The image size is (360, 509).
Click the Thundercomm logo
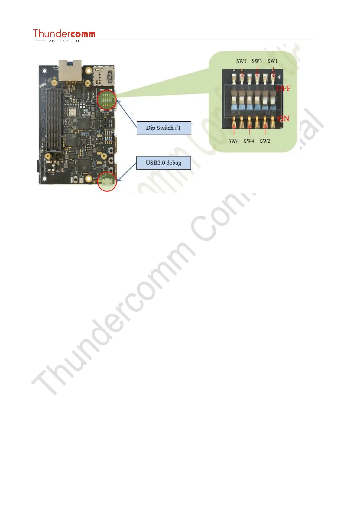coord(64,34)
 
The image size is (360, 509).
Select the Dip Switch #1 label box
coord(164,128)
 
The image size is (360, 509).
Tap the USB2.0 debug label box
coord(164,163)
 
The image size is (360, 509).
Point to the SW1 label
coord(272,61)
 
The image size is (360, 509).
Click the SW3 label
coord(257,61)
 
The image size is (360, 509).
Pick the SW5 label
coord(241,61)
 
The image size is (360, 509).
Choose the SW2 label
coord(265,141)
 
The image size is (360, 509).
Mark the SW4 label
coord(249,141)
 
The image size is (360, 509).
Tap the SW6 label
coord(233,141)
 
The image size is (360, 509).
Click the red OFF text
coord(284,88)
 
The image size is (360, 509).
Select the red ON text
coord(284,118)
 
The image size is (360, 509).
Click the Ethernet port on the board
coord(70,70)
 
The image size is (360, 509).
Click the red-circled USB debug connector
coord(107,181)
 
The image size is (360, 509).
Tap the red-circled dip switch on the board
coord(107,99)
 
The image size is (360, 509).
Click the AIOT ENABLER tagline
coord(64,41)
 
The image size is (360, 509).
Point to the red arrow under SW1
coord(273,72)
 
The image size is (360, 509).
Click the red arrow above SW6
coord(234,130)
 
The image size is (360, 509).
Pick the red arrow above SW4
coord(249,130)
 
